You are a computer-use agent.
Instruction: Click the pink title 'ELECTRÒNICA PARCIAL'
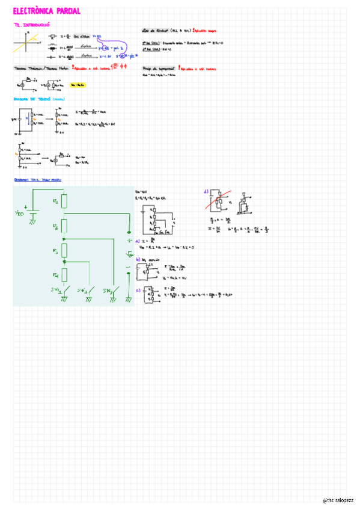[46, 11]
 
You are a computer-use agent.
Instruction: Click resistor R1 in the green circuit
[64, 201]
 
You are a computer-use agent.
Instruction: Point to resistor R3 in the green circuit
[64, 251]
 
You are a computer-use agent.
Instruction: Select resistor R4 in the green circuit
[64, 276]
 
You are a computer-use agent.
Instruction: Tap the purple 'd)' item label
[206, 192]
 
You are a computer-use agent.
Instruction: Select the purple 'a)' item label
[138, 241]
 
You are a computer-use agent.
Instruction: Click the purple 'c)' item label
[138, 290]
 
